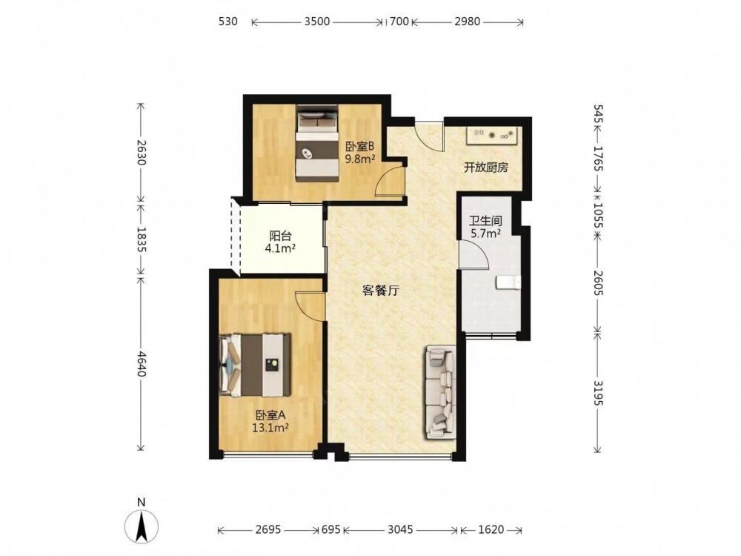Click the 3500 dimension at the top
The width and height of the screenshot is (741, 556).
[316, 21]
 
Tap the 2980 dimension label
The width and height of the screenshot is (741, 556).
[468, 21]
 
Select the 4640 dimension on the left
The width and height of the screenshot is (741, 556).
[141, 363]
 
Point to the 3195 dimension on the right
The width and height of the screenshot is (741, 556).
[598, 392]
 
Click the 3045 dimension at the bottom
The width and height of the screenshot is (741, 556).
[400, 529]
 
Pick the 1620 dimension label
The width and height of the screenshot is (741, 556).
[491, 529]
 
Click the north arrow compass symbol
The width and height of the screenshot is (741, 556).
[141, 524]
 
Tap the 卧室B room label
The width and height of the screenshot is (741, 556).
[360, 147]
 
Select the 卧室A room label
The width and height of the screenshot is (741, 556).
[270, 416]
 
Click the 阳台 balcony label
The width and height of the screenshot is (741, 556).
[280, 236]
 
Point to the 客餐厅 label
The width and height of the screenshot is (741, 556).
[381, 291]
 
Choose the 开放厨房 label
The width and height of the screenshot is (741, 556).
[486, 168]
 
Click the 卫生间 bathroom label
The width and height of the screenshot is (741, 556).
[485, 221]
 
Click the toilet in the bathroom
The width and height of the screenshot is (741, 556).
[508, 282]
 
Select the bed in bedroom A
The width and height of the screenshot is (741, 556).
[255, 365]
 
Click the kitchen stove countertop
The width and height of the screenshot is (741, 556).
[493, 135]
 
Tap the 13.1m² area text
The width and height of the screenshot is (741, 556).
[270, 428]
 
